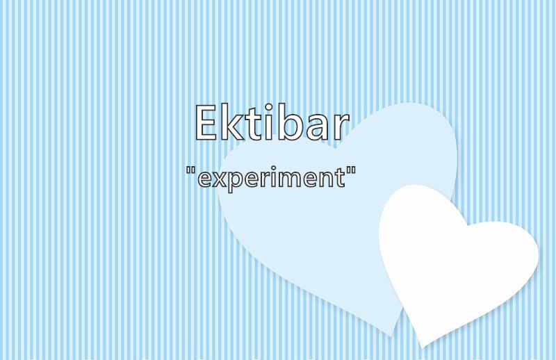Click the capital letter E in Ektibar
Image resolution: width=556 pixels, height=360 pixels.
206,122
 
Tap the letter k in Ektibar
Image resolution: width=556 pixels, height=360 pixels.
233,121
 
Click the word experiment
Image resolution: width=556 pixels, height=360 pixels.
270,177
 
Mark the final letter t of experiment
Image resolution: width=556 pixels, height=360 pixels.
341,177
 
